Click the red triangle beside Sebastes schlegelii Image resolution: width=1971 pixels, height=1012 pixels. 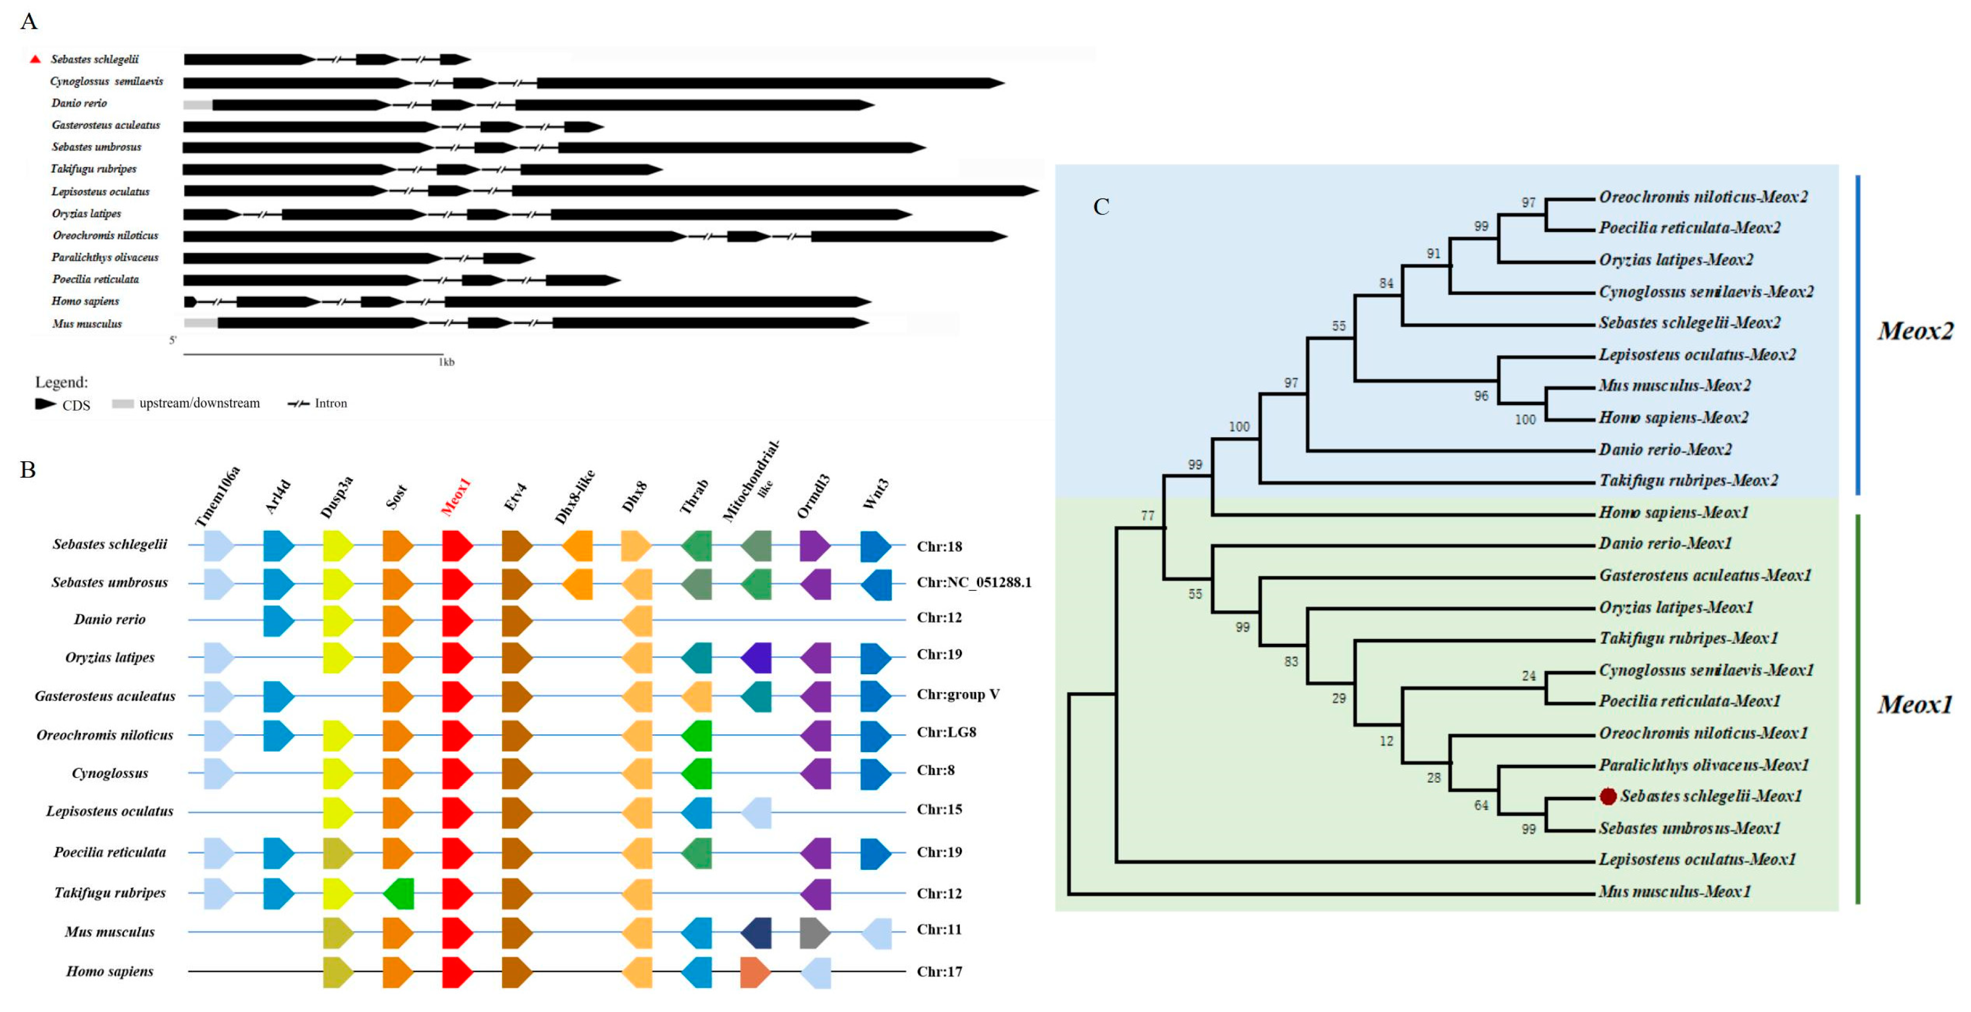point(35,59)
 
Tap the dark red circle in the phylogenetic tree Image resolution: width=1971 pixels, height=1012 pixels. point(1608,796)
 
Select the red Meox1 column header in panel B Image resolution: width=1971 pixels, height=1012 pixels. point(456,497)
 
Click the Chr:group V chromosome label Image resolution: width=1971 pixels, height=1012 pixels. point(958,694)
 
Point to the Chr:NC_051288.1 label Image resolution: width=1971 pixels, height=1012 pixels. point(973,582)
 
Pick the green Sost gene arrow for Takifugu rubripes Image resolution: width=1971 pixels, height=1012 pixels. point(398,893)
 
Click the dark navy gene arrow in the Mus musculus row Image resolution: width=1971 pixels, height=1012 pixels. point(756,933)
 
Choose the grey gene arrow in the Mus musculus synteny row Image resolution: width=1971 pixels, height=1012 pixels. point(815,933)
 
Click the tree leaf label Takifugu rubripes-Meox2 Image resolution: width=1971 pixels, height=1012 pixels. point(1688,481)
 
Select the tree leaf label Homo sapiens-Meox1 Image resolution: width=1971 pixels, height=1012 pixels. point(1674,512)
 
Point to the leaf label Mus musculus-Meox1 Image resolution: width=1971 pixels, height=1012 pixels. point(1674,891)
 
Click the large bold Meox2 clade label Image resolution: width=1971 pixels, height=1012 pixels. point(1914,331)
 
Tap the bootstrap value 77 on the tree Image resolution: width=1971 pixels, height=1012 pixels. point(1147,515)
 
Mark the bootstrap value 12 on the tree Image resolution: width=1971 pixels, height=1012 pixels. point(1385,741)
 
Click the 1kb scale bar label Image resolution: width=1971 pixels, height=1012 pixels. point(447,362)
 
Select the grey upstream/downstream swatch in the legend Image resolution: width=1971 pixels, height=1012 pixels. point(122,403)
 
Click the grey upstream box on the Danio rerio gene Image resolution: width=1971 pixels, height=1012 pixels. point(198,105)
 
